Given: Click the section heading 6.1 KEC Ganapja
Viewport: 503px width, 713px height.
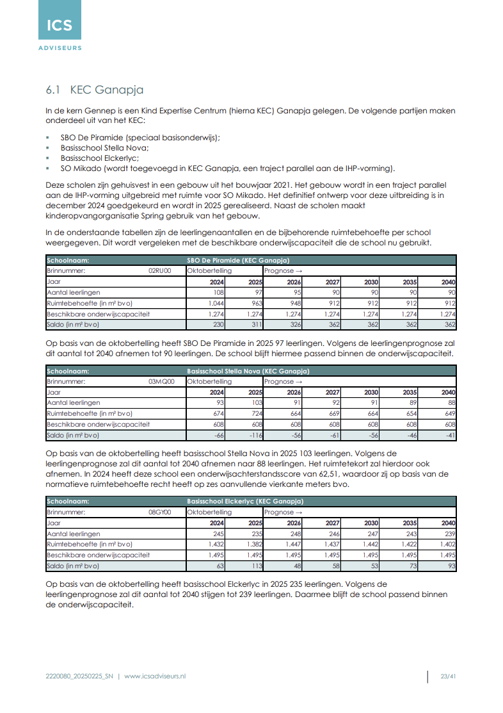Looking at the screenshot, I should coord(94,90).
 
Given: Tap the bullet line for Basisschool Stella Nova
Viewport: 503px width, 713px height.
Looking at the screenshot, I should coord(104,147).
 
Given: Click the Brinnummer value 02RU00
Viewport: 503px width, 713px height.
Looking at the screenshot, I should coord(160,271).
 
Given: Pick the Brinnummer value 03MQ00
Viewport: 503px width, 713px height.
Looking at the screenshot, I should coord(161,381).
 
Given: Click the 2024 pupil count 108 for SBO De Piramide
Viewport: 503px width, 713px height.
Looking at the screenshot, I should coord(218,292).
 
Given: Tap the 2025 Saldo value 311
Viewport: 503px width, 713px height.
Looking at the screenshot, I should coord(256,325).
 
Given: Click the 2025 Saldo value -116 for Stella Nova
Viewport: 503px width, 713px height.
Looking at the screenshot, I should coord(255,435).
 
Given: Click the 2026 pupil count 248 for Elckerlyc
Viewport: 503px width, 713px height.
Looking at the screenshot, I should coord(294,534).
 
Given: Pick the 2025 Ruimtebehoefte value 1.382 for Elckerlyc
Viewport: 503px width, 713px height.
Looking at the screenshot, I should coord(254,545).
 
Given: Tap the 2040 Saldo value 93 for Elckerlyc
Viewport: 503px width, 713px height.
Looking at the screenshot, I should coord(450,566).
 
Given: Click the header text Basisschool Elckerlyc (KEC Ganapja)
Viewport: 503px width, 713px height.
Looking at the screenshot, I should coord(245,502).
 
